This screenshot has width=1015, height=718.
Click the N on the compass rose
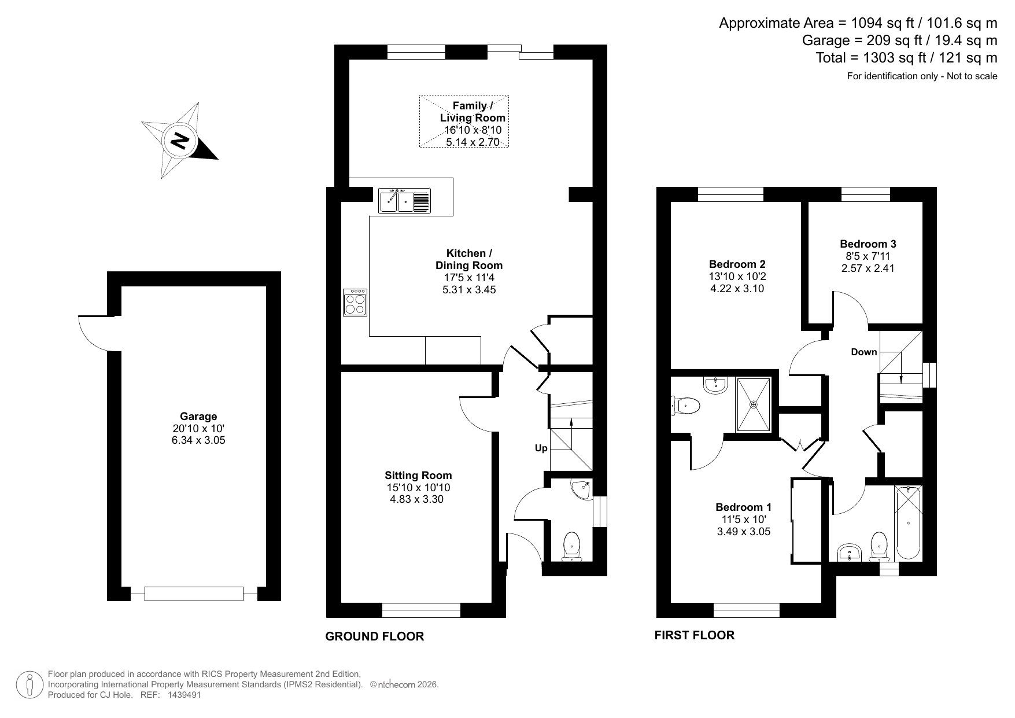click(x=180, y=141)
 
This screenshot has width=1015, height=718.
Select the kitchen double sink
click(x=404, y=201)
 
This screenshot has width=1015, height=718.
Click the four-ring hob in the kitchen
click(x=355, y=303)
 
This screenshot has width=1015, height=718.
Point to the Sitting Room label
click(x=418, y=476)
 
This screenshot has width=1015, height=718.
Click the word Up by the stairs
click(x=541, y=448)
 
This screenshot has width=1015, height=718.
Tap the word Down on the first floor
click(x=863, y=352)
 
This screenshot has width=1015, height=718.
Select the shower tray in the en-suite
click(x=753, y=404)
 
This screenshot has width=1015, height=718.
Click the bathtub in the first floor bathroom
click(x=908, y=523)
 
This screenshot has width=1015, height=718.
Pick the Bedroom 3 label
click(x=868, y=244)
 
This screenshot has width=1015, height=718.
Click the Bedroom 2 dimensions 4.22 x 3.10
click(x=737, y=289)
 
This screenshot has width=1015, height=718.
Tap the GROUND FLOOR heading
click(x=374, y=636)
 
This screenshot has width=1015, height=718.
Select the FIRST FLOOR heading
click(x=694, y=635)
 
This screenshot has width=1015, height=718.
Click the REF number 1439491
click(x=184, y=695)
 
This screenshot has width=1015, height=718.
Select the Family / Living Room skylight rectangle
click(x=464, y=121)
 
